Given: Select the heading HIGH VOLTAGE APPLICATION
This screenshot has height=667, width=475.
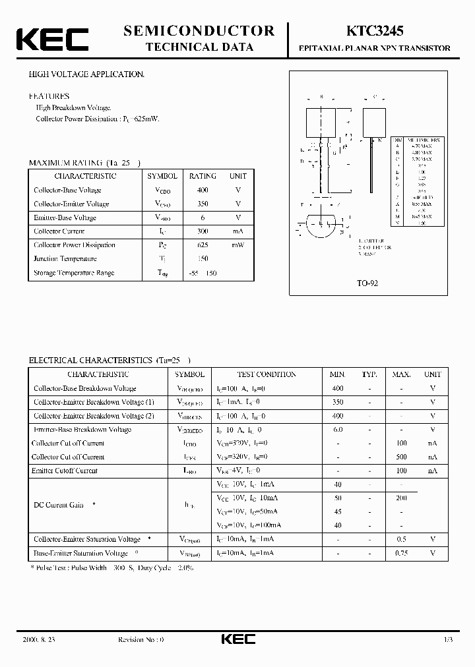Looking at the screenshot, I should tap(86, 75).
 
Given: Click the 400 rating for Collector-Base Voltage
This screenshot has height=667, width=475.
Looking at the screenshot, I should tap(203, 190).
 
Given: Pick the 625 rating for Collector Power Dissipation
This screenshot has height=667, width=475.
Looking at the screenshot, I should tap(203, 245).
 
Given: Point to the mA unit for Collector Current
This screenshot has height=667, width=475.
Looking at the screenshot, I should tap(238, 231).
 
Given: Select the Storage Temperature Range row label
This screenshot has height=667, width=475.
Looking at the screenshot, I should tap(74, 273).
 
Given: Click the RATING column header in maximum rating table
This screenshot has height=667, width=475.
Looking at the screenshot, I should tap(203, 176).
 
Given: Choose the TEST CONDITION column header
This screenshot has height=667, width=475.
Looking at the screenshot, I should tap(266, 374).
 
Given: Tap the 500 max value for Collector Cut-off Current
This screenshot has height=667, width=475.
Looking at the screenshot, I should tap(401, 457).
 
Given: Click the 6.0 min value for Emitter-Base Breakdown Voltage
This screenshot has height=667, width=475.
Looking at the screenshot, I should tap(338, 430).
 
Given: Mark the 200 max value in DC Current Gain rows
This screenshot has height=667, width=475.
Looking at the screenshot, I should tap(401, 498).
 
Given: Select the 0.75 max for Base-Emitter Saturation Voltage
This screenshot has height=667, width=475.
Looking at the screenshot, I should tap(401, 553).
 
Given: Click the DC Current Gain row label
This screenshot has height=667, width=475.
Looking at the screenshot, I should tap(59, 505).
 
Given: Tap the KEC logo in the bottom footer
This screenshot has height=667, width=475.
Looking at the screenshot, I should tap(237, 639).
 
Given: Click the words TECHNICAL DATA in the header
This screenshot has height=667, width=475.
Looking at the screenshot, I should tap(199, 47).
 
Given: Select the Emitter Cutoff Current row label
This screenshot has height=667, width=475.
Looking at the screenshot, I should tap(65, 471).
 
